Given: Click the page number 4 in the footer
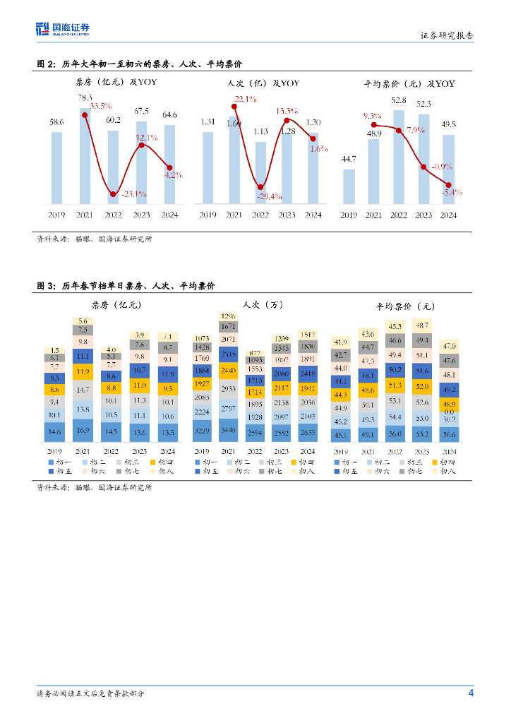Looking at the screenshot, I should [x=471, y=693].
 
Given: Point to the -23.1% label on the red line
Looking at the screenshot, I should [x=133, y=193].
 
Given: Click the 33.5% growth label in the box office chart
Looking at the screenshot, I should [x=101, y=106].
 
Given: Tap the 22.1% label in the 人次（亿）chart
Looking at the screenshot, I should [x=246, y=99].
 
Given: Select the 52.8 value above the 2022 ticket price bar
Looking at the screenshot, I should [x=399, y=100].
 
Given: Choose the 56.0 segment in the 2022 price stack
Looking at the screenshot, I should [x=396, y=434].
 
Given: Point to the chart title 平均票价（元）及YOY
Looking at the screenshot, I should [x=409, y=83].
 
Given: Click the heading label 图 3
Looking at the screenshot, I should [x=45, y=285].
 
